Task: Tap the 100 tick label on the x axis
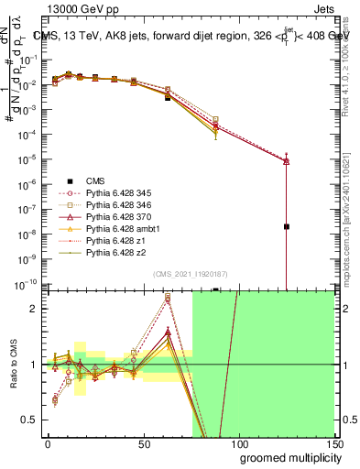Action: pos(238,442)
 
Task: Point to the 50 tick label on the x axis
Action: pos(143,442)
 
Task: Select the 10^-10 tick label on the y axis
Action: pos(27,284)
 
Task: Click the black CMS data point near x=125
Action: pos(287,226)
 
